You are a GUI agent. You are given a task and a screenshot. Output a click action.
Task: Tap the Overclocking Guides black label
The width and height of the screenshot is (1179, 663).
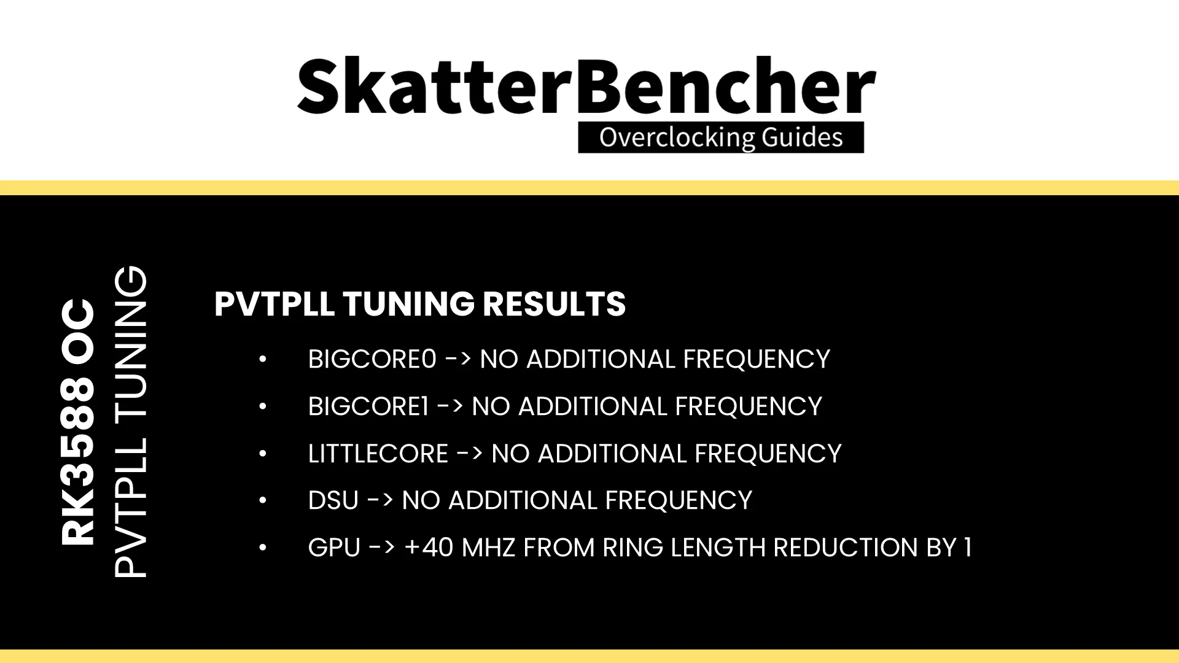point(721,138)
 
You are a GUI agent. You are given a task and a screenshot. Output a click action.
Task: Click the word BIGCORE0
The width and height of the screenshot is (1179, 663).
point(372,359)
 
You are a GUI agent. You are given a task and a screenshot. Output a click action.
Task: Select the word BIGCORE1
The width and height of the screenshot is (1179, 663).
point(368,406)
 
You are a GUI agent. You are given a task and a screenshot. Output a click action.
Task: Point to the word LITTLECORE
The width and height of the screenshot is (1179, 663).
point(378,454)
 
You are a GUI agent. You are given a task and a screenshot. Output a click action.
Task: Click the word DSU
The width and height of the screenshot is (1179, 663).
point(333,500)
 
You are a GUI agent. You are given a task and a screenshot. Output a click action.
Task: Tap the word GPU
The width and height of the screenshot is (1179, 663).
point(334,548)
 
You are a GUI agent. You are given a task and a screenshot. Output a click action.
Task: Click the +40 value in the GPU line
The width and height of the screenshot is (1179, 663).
point(429,548)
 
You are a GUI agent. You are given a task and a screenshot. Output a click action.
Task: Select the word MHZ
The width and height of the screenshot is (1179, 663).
point(488,548)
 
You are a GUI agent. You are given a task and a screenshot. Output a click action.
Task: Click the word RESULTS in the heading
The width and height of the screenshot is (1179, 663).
point(554,304)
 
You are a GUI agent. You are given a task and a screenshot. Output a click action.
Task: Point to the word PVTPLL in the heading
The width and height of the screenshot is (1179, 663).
point(274,304)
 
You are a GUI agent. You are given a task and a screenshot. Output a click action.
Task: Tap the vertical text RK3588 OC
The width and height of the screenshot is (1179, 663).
point(78,422)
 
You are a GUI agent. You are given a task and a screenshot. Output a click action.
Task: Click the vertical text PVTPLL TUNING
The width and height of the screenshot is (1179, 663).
point(131,422)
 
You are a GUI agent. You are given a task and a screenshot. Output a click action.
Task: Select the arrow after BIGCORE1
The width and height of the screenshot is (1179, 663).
point(450,406)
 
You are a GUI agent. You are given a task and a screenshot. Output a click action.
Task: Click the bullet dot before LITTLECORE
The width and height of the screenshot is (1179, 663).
point(263,454)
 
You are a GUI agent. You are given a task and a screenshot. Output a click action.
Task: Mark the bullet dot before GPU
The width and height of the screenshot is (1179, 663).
point(263,548)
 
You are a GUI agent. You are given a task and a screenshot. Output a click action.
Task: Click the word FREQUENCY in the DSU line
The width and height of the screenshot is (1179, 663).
point(679,500)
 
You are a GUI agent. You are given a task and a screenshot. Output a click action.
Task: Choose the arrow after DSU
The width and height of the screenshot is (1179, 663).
point(380,500)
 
